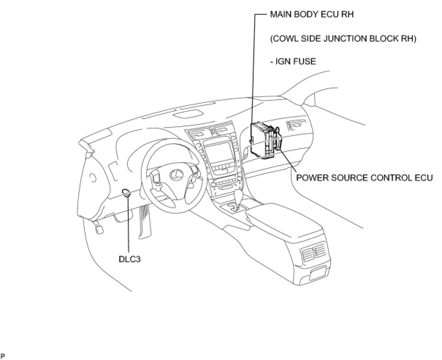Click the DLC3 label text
pos(130,259)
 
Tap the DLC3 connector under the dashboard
pos(126,192)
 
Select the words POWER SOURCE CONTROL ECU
pos(364,178)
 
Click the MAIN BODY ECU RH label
pos(312,15)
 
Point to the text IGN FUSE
pos(293,61)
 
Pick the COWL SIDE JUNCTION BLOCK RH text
pos(343,38)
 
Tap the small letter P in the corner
pos(3,356)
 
